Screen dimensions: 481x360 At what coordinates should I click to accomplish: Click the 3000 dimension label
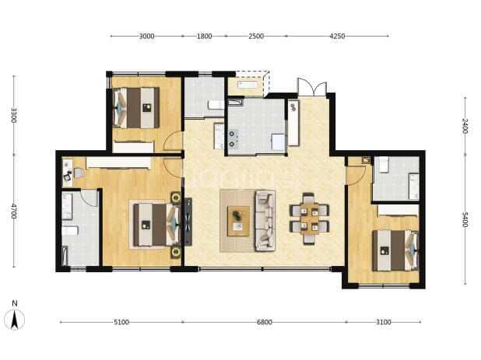[x=146, y=36]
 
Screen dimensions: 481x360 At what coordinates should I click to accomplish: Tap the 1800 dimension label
[x=204, y=36]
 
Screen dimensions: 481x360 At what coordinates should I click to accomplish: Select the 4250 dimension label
[x=337, y=36]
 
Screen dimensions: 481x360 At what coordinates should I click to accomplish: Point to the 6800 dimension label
[x=265, y=322]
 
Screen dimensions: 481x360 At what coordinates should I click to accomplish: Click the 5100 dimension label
[x=121, y=322]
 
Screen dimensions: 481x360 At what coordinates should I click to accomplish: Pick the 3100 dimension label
[x=384, y=322]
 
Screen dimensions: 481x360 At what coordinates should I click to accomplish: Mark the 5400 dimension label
[x=465, y=219]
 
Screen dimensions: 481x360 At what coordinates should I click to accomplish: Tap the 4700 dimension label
[x=13, y=211]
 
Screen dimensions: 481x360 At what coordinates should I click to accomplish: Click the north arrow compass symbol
[x=15, y=320]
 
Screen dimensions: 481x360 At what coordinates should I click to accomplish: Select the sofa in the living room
[x=265, y=220]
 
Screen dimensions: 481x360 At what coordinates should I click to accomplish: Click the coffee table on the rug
[x=238, y=221]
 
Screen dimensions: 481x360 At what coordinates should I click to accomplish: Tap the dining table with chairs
[x=309, y=218]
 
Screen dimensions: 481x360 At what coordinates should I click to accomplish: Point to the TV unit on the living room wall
[x=188, y=222]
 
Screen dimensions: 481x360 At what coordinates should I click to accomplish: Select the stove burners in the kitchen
[x=232, y=138]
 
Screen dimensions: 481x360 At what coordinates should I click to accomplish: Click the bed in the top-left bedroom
[x=136, y=108]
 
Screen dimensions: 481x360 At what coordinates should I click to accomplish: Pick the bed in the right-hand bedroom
[x=395, y=250]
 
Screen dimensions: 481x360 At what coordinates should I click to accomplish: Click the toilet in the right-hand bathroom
[x=384, y=165]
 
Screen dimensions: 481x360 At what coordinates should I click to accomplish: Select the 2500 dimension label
[x=256, y=36]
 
